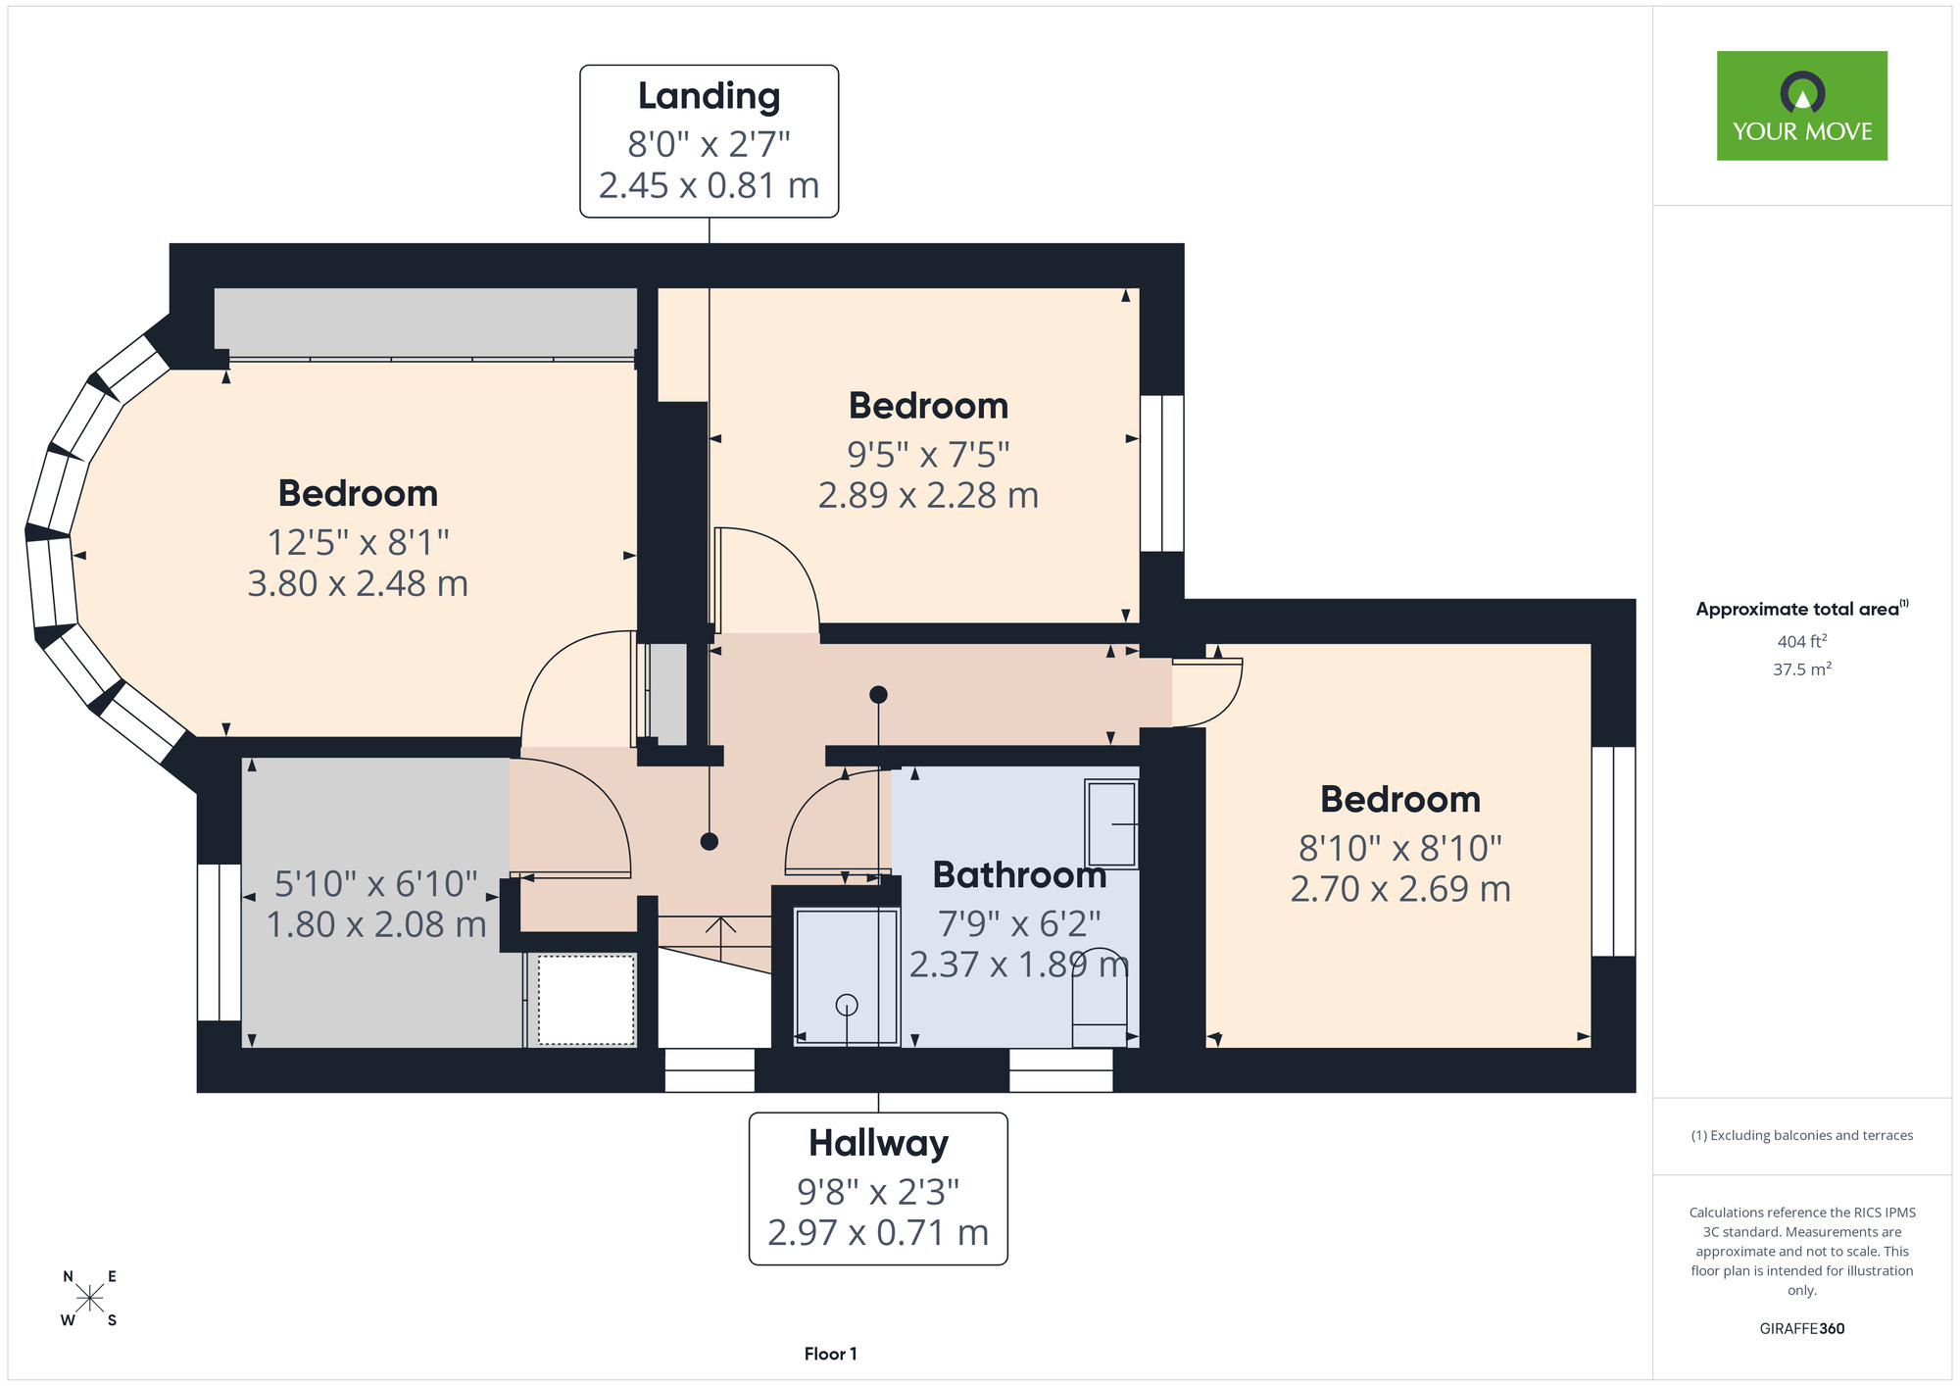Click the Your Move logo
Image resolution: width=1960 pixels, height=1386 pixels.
coord(1801,106)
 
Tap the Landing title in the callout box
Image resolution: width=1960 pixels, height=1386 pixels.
coord(709,96)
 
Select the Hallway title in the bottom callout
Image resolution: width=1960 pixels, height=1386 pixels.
coord(878,1143)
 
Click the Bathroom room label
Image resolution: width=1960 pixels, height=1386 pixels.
coord(1019,874)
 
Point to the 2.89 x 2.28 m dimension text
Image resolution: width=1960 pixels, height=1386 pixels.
coord(928,495)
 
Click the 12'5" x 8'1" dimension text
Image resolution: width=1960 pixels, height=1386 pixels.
coord(358,542)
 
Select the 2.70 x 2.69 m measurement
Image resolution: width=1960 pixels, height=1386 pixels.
coord(1399,889)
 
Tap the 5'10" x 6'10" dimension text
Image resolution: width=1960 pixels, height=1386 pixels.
coord(376,884)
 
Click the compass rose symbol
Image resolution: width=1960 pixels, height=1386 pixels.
coord(89,1299)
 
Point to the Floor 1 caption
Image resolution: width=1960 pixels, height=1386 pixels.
coord(830,1354)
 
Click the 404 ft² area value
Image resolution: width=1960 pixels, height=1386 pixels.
coord(1801,641)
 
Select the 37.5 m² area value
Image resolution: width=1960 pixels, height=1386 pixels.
coord(1801,669)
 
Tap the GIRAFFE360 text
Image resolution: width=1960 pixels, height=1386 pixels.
coord(1801,1329)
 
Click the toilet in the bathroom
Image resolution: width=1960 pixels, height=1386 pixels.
coord(1100,997)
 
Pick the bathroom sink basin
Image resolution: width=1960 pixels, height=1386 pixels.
coord(1111,824)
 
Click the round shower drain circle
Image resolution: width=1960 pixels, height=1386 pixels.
coord(847,1005)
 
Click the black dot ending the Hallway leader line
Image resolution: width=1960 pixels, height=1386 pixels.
coord(878,695)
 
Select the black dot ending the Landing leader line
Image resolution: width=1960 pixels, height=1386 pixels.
coord(710,841)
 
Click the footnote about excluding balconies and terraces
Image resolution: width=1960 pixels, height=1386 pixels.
coord(1801,1135)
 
